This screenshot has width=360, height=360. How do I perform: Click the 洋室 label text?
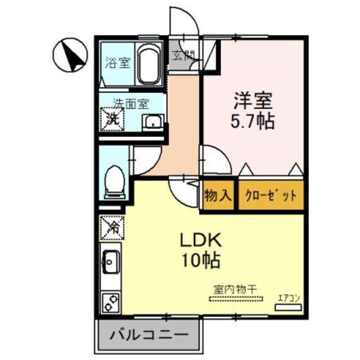click(253, 101)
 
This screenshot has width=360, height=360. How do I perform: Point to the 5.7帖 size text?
click(254, 122)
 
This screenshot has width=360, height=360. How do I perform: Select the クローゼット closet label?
click(271, 196)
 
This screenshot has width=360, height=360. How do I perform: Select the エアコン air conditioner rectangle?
click(288, 307)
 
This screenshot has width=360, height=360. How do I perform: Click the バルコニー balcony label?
click(149, 335)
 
